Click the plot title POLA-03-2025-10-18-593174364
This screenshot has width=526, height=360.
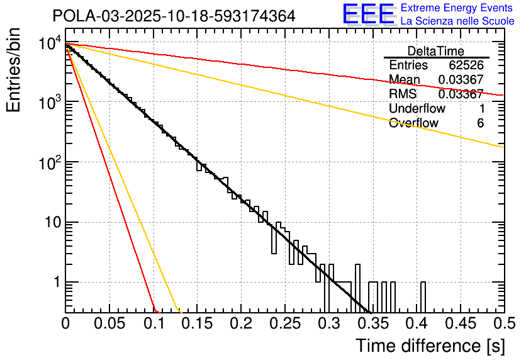pyautogui.click(x=174, y=16)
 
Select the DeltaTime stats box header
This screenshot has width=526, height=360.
pyautogui.click(x=436, y=51)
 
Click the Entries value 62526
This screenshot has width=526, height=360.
pyautogui.click(x=466, y=65)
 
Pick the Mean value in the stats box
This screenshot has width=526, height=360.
pyautogui.click(x=461, y=79)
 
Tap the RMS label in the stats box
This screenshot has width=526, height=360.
pyautogui.click(x=403, y=94)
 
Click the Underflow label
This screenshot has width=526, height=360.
pyautogui.click(x=417, y=108)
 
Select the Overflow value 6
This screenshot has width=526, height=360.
pyautogui.click(x=480, y=123)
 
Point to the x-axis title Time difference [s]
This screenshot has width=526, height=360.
pyautogui.click(x=429, y=346)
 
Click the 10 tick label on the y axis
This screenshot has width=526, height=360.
pyautogui.click(x=50, y=222)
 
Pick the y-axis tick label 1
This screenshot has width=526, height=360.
pyautogui.click(x=55, y=283)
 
